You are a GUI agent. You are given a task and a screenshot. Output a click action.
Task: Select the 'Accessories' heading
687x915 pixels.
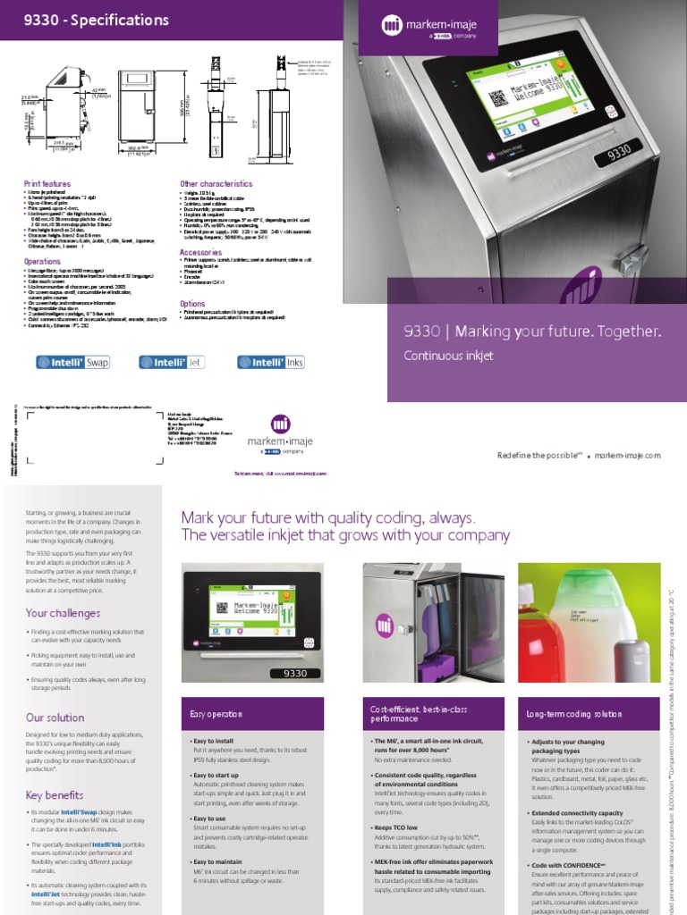point(201,253)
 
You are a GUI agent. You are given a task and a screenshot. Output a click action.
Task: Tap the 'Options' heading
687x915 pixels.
point(192,304)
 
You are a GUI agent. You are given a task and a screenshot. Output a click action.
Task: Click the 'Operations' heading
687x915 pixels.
point(42,262)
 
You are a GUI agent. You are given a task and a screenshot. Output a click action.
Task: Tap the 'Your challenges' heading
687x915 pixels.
point(62,613)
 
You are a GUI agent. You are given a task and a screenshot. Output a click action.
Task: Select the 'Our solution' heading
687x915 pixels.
point(55,718)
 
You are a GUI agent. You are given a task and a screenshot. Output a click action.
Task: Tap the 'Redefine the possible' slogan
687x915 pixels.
point(539,455)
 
